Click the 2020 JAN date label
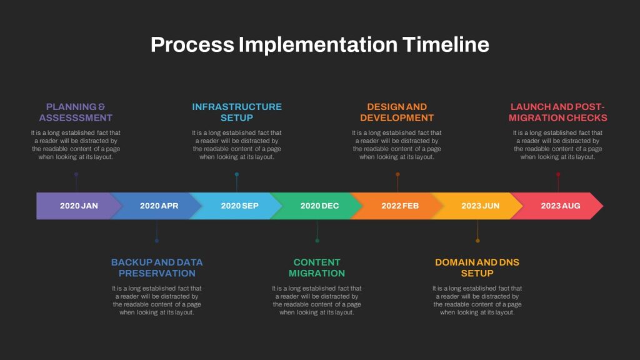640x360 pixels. [79, 206]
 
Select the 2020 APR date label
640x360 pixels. [159, 206]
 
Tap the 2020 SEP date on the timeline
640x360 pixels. [239, 206]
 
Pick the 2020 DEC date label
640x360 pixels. [319, 206]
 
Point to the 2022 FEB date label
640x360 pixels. [400, 206]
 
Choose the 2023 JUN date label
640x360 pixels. [480, 206]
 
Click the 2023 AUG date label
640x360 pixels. [561, 206]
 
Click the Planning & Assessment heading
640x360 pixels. [76, 112]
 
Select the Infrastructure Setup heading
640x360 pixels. [237, 112]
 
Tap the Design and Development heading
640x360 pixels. [397, 112]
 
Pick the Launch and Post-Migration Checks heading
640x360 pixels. [557, 112]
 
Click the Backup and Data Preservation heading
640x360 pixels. [157, 267]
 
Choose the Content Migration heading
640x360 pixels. [317, 267]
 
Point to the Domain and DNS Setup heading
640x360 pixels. [477, 267]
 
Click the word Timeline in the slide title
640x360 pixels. [446, 45]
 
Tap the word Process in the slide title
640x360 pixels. [192, 45]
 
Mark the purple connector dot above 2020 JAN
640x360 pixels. [76, 174]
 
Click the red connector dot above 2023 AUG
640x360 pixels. [558, 174]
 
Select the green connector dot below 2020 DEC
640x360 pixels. [317, 241]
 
